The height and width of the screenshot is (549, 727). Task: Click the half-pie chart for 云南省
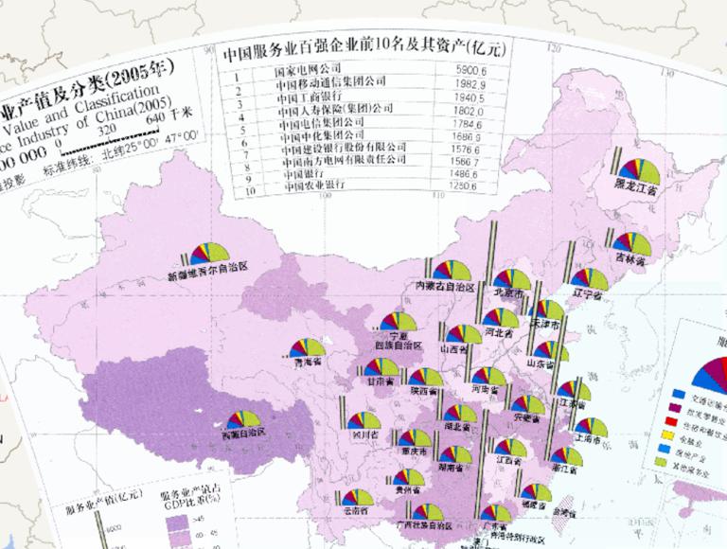(x=356, y=498)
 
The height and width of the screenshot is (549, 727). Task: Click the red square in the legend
(x=679, y=424)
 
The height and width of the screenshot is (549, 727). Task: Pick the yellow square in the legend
(x=679, y=441)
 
